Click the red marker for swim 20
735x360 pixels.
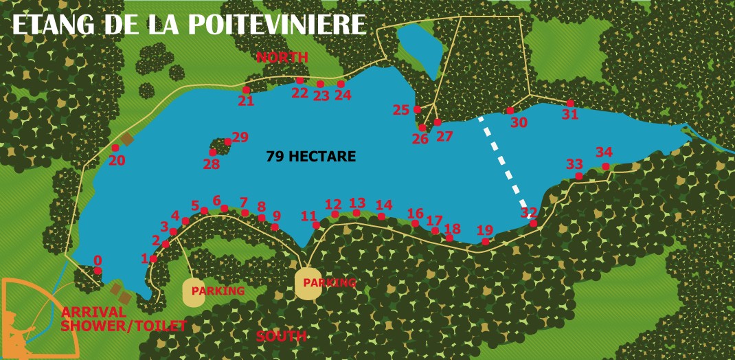115,148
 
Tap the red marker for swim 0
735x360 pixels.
98,271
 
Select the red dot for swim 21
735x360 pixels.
246,90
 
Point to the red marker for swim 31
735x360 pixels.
570,103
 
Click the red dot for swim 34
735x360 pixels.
605,166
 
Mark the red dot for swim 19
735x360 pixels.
485,241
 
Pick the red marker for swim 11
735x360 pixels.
315,225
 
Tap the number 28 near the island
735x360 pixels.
211,164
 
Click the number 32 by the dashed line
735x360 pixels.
528,212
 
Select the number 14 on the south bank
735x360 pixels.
383,205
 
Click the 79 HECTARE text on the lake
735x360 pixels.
310,157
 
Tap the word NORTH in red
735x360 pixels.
282,57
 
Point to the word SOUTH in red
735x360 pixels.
281,336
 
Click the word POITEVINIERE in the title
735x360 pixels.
277,25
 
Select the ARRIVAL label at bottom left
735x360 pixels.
93,313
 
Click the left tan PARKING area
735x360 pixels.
194,292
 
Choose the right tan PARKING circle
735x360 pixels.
307,283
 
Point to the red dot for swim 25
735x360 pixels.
417,109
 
